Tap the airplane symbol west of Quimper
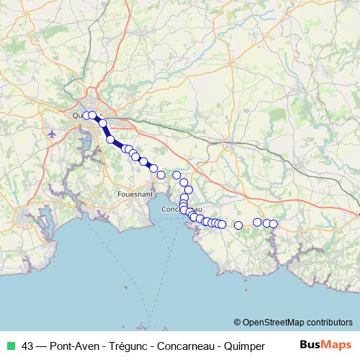click(x=52, y=134)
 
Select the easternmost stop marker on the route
click(x=274, y=224)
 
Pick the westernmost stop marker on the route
click(x=86, y=115)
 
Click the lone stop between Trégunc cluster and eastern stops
click(x=238, y=225)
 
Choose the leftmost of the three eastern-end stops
click(x=258, y=222)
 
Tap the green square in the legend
click(x=11, y=345)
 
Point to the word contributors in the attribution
click(x=330, y=322)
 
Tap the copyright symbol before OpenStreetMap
click(x=238, y=322)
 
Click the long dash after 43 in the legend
click(x=42, y=345)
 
